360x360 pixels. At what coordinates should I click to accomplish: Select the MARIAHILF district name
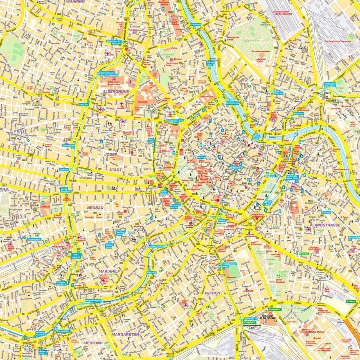pos(107,271)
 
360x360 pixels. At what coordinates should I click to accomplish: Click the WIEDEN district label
pos(213,292)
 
